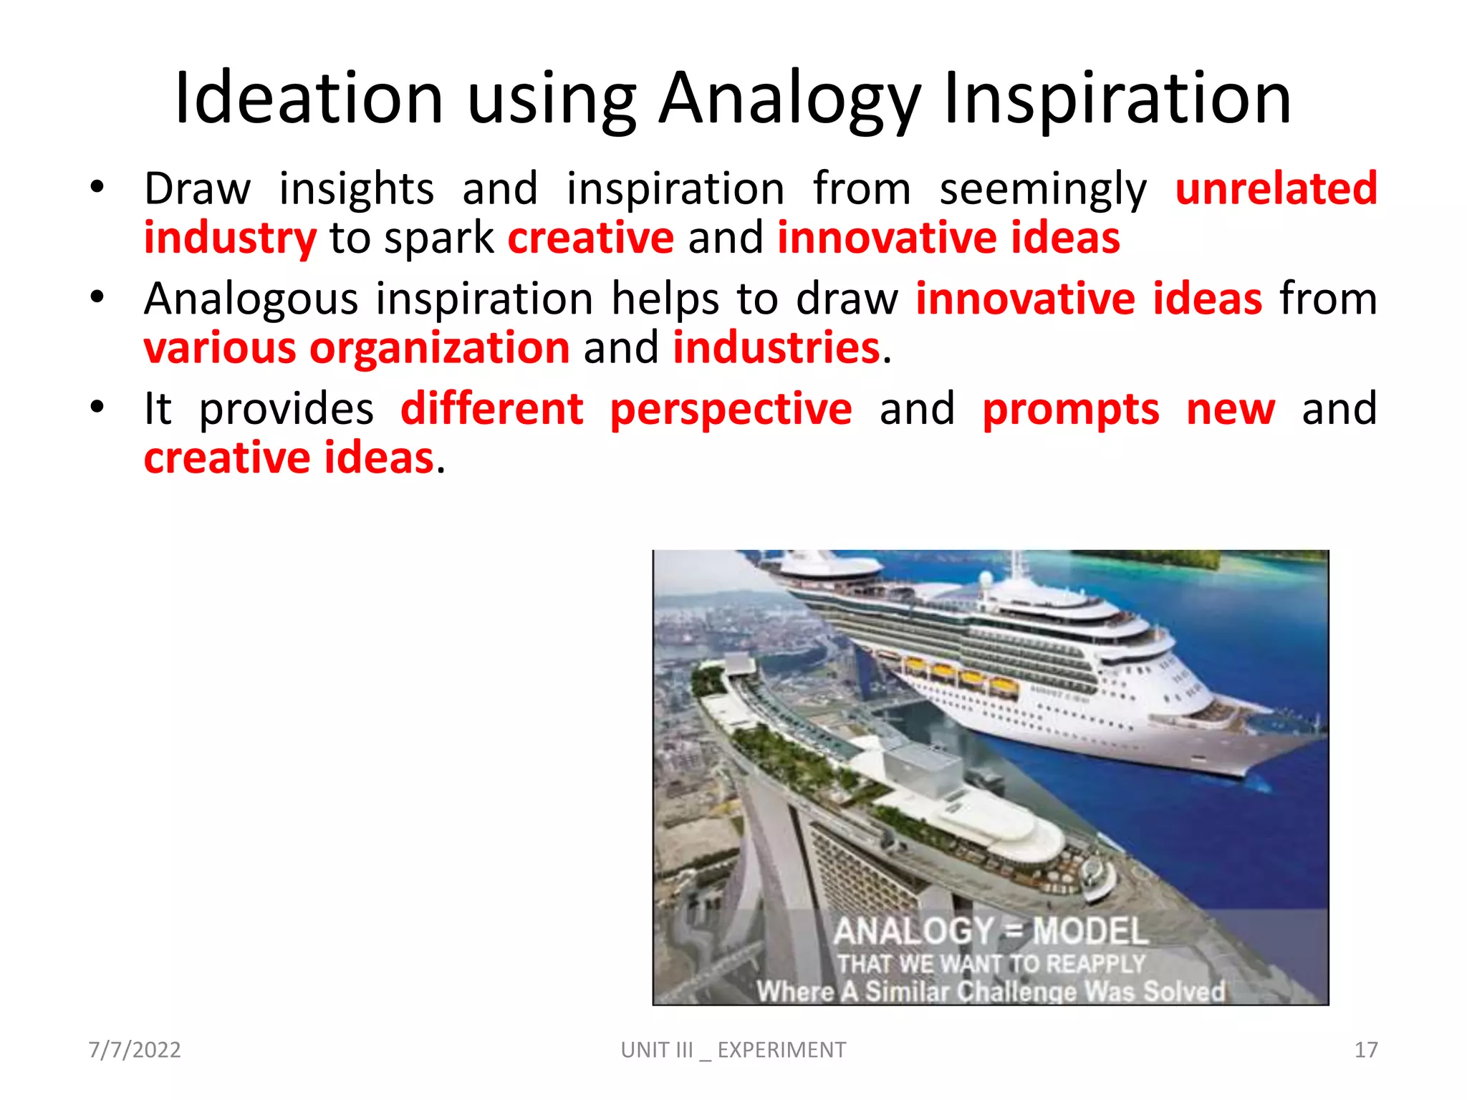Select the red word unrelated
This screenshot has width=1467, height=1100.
coord(1276,188)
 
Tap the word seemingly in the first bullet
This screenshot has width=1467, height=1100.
coord(1042,190)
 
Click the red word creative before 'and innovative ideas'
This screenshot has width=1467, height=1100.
coord(591,238)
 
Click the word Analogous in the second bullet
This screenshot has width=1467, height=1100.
coord(251,299)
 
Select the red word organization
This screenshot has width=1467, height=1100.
coord(439,349)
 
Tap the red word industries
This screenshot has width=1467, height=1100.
coord(776,348)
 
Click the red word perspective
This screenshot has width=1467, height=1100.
coord(731,410)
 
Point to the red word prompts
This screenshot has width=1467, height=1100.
coord(1070,410)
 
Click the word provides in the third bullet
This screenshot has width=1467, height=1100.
coord(286,410)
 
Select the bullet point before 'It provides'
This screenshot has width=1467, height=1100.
coord(97,407)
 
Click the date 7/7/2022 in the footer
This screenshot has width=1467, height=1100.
coord(135,1050)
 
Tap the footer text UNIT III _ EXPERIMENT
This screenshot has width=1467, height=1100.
coord(733,1050)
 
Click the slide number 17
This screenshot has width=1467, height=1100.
coord(1365,1050)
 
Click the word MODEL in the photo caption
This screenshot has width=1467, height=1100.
coord(1090,932)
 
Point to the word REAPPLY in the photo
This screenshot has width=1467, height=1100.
coord(1095,964)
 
